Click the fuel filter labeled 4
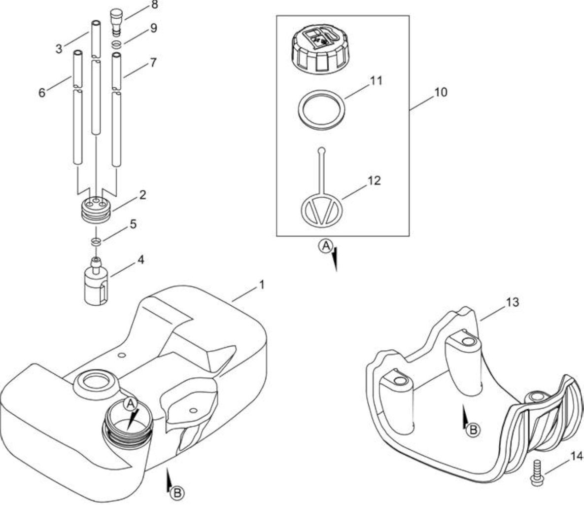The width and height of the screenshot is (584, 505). click(97, 283)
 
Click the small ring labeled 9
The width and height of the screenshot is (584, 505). click(117, 45)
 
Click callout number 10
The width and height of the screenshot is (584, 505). click(441, 92)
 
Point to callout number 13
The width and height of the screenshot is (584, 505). click(513, 302)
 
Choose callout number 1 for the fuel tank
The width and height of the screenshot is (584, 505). click(262, 285)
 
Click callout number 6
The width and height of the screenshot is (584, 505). click(42, 92)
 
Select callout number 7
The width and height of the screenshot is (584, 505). click(153, 62)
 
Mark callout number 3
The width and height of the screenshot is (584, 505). click(59, 49)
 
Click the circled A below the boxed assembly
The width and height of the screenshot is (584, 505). click(325, 246)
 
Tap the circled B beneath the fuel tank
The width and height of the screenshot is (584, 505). click(177, 493)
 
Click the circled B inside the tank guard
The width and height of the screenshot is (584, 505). click(473, 430)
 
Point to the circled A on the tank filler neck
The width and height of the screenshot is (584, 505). click(130, 403)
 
